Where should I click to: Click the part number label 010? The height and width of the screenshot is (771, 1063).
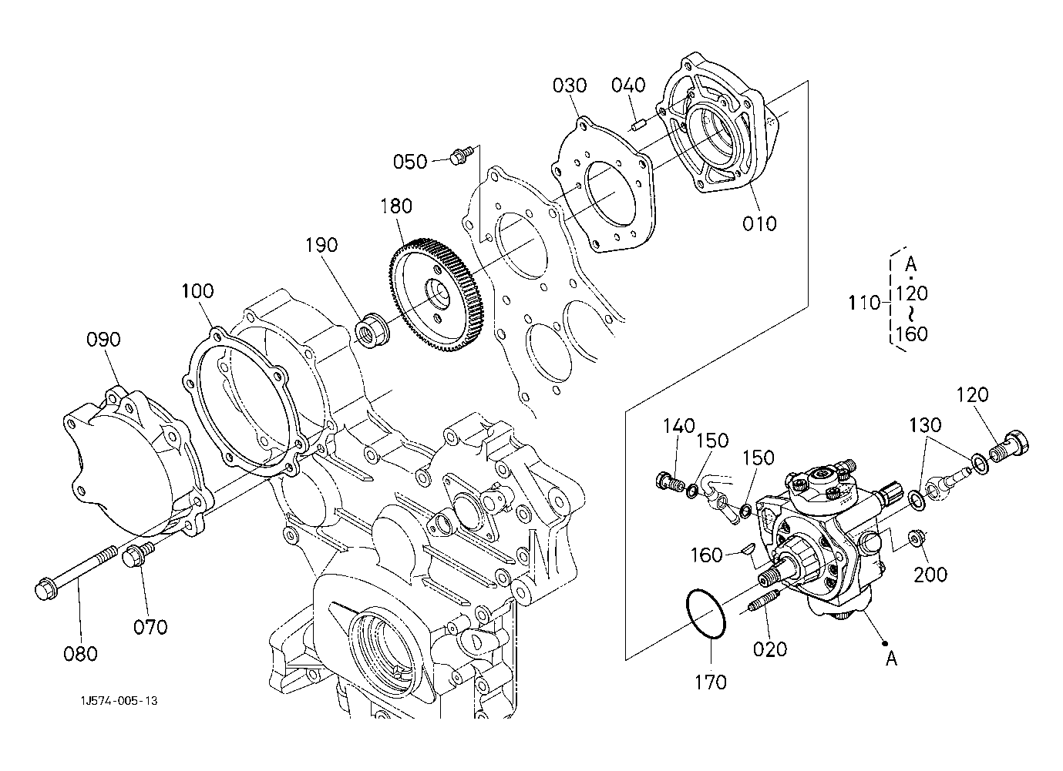pyautogui.click(x=759, y=223)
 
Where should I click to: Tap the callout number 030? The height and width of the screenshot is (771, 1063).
pyautogui.click(x=570, y=85)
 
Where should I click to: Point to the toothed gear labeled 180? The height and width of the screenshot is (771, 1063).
pyautogui.click(x=435, y=294)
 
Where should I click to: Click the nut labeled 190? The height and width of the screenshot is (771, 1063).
pyautogui.click(x=373, y=330)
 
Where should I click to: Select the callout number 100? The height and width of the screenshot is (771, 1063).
pyautogui.click(x=198, y=290)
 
